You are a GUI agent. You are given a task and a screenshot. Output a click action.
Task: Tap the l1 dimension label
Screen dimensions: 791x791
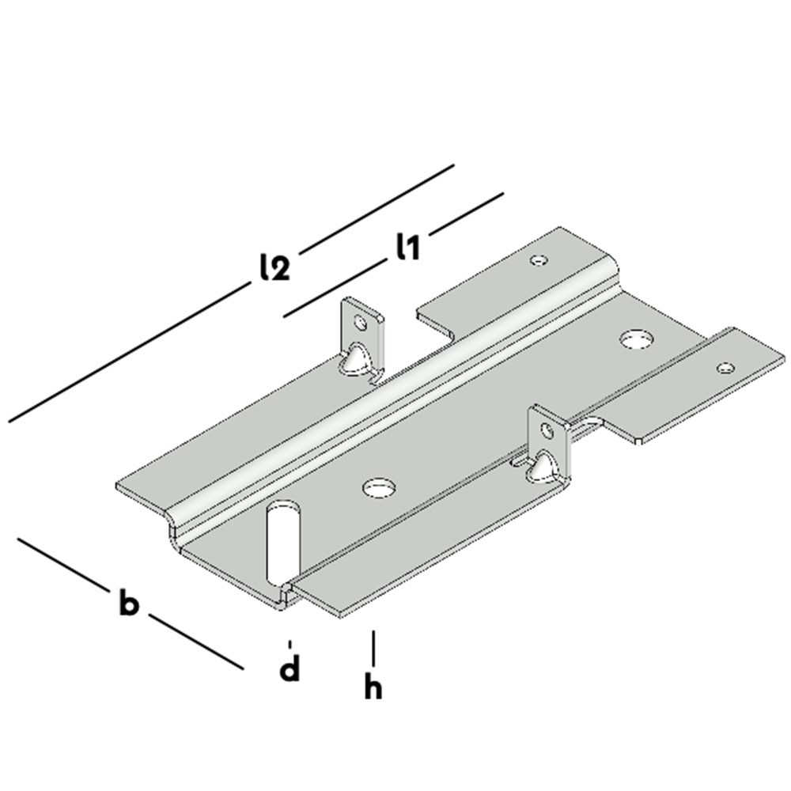pyautogui.click(x=407, y=247)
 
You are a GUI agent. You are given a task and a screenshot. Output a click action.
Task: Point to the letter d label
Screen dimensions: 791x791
pyautogui.click(x=290, y=668)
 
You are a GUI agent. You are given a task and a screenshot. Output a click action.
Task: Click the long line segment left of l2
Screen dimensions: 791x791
pyautogui.click(x=127, y=353)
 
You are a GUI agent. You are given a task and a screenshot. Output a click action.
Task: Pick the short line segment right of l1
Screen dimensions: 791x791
pyautogui.click(x=467, y=211)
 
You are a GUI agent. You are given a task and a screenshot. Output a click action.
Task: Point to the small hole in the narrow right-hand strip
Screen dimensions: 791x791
pyautogui.click(x=725, y=367)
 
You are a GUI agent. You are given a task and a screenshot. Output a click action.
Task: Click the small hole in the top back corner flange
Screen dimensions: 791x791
pyautogui.click(x=539, y=259)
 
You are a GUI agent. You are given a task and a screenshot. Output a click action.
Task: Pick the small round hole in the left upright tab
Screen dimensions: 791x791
pyautogui.click(x=361, y=322)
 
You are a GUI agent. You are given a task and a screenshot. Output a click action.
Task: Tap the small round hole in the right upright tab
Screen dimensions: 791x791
pyautogui.click(x=546, y=431)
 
